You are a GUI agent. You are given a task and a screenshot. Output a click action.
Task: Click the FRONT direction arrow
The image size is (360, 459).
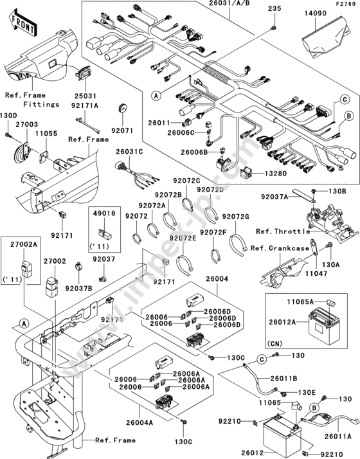point(23,23)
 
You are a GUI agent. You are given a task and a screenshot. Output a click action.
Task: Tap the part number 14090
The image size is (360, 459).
point(315,13)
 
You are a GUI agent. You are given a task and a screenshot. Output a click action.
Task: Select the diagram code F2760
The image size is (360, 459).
point(346,4)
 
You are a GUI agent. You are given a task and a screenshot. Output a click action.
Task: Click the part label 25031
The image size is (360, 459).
point(85,96)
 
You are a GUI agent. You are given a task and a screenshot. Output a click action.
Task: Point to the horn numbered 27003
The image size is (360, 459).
point(23,152)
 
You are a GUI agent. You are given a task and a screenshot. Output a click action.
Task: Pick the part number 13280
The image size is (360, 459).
point(276,174)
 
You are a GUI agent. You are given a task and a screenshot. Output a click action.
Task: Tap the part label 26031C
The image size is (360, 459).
point(129,152)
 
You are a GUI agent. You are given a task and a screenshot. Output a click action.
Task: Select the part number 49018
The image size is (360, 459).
point(105,213)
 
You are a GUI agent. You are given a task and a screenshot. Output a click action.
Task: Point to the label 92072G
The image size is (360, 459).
point(235,217)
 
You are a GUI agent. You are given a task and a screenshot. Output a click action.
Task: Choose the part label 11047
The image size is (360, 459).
point(316,273)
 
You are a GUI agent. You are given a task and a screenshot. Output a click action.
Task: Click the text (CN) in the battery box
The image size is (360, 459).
point(275,343)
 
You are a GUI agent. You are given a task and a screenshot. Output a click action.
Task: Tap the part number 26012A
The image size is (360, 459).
point(282,322)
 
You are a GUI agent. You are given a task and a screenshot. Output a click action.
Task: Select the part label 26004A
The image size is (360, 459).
point(139,422)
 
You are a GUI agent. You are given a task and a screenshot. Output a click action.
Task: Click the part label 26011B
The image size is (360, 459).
point(283,378)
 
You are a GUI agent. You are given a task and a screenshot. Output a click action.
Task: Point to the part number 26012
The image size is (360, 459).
point(253,453)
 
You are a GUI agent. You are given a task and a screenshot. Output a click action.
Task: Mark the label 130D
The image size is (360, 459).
point(8,115)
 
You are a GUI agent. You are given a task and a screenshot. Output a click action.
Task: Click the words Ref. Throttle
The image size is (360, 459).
point(283,231)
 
